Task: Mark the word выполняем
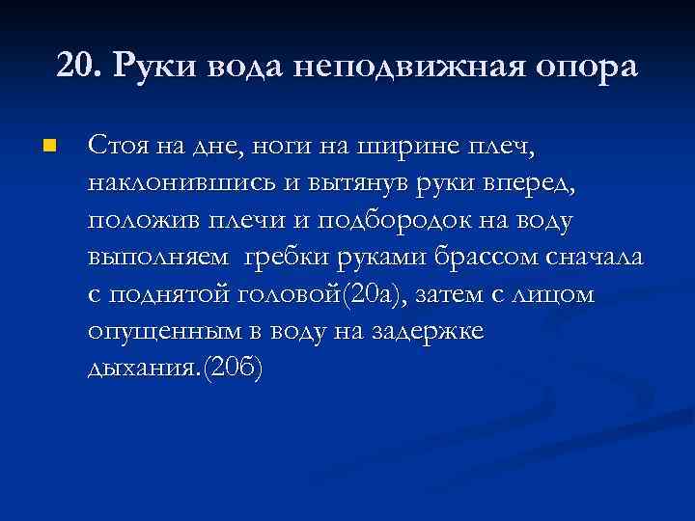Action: tap(158, 259)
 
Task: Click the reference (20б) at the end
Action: tap(228, 370)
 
